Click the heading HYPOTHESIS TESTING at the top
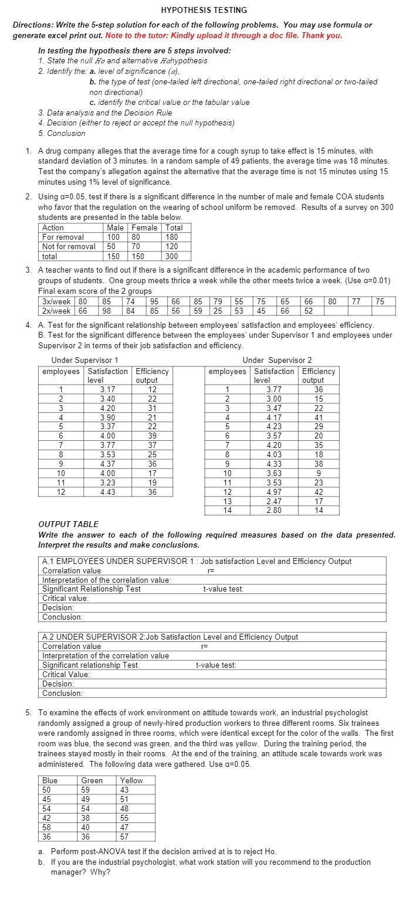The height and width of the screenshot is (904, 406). pos(204,10)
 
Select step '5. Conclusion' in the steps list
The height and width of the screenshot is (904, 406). pos(62,133)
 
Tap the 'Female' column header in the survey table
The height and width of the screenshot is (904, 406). pos(144,228)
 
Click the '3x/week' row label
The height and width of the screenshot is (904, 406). pos(57,301)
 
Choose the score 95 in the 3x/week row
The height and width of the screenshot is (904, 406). pos(155,301)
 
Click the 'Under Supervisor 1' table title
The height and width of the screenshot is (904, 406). pos(84,360)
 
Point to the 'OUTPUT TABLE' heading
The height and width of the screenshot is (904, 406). pos(68,524)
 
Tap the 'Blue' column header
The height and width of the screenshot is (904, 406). pos(50,780)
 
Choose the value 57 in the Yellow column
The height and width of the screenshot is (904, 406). pos(124,837)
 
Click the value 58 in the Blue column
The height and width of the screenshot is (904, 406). pos(47,827)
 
